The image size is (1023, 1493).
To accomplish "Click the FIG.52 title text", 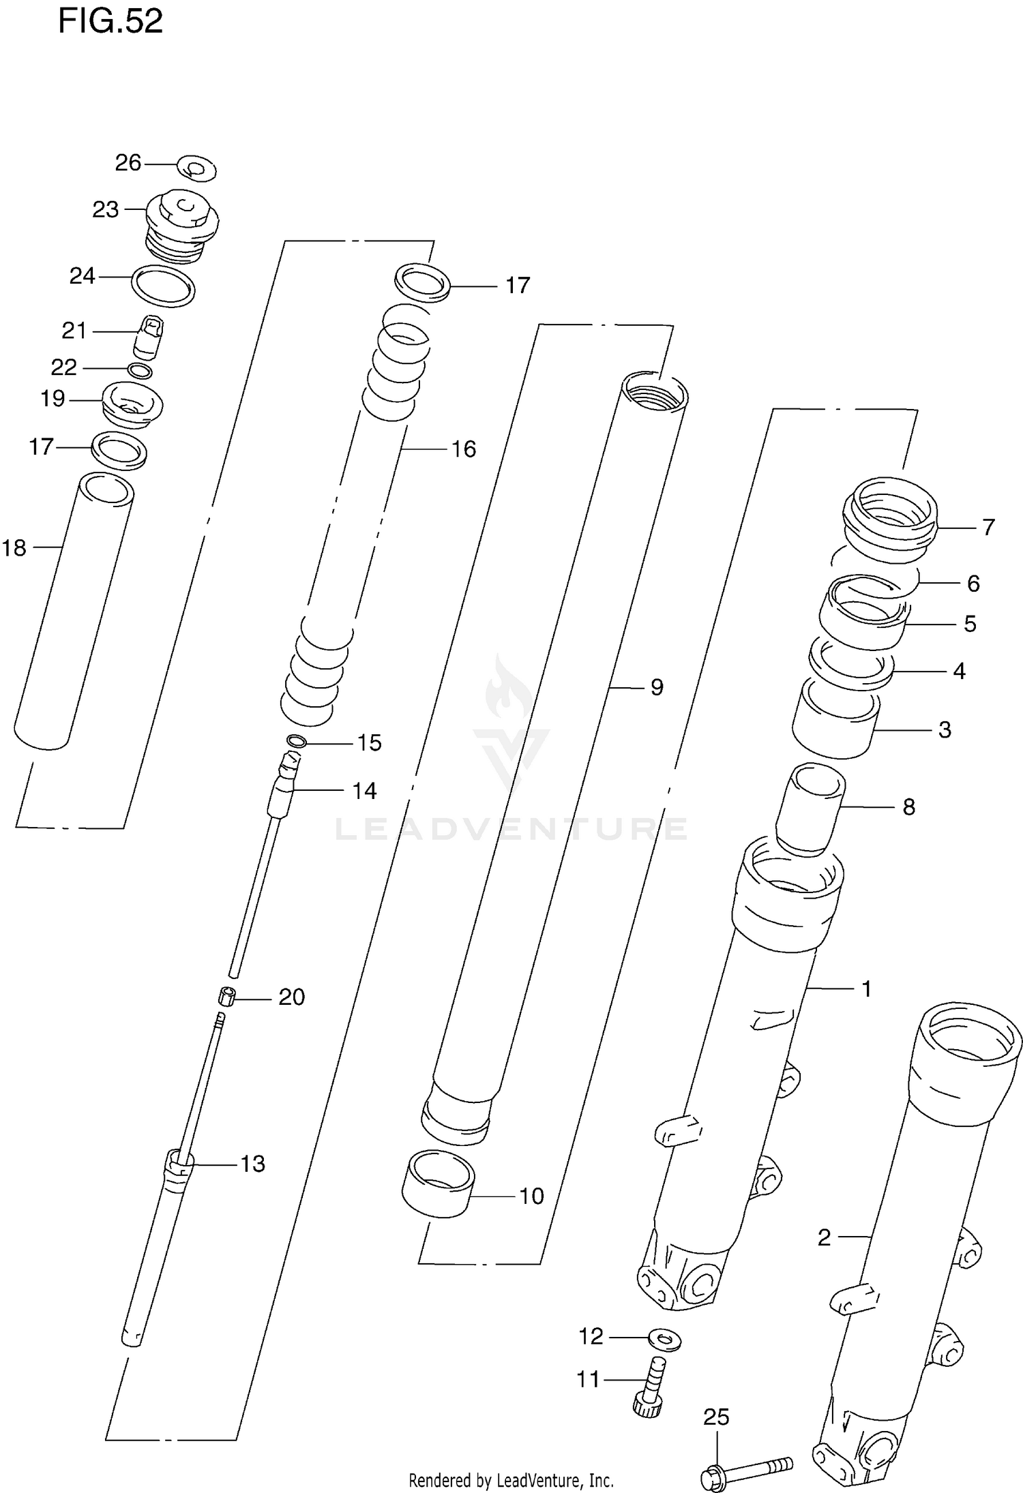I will [110, 22].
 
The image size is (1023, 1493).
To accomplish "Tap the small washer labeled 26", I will [196, 168].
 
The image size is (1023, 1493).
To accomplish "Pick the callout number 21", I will [74, 331].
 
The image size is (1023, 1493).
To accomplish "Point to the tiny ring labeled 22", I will [140, 371].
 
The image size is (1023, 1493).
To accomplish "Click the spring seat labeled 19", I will [132, 405].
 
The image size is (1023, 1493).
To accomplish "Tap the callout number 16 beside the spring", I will [464, 449].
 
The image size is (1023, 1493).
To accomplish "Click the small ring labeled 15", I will [297, 741].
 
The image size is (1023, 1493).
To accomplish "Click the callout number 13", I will [252, 1164].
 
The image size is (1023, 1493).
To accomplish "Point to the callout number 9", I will [656, 687].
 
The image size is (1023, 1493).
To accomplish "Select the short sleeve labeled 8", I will [810, 809].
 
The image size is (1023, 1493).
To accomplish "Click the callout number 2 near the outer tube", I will [824, 1237].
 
